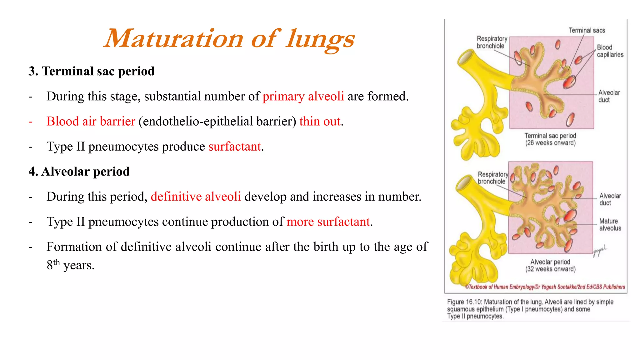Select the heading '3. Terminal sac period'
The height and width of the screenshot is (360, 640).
(91, 71)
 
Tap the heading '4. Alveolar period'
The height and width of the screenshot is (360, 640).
(79, 172)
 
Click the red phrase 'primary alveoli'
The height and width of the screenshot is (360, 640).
(303, 96)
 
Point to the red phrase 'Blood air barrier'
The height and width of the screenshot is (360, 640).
(91, 121)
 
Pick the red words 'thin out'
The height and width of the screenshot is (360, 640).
(320, 121)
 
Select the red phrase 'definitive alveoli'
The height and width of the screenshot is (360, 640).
(196, 197)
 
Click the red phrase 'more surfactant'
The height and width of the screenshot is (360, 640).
(328, 222)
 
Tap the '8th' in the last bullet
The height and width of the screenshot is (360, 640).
(53, 265)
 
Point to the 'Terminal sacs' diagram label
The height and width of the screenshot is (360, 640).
(587, 30)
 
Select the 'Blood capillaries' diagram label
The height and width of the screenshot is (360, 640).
(610, 51)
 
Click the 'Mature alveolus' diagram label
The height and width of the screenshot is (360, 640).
(610, 225)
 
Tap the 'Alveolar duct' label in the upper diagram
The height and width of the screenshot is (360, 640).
(609, 96)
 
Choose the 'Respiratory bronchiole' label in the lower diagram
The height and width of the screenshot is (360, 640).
(492, 178)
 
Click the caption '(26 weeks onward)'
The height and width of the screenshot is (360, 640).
(550, 143)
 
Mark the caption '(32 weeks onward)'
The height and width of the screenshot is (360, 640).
(550, 269)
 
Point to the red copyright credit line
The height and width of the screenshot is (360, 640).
(545, 287)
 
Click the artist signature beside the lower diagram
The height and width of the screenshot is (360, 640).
(600, 250)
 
